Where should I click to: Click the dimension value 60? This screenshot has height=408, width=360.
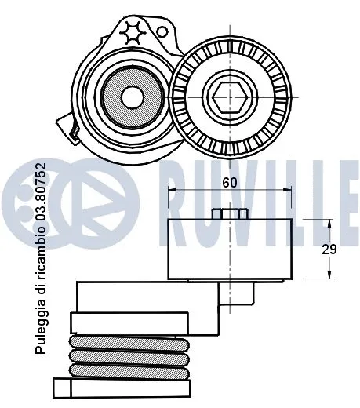[228, 182]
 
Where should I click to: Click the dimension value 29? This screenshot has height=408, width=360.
[330, 250]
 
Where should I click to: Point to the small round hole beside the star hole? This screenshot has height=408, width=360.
[162, 32]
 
